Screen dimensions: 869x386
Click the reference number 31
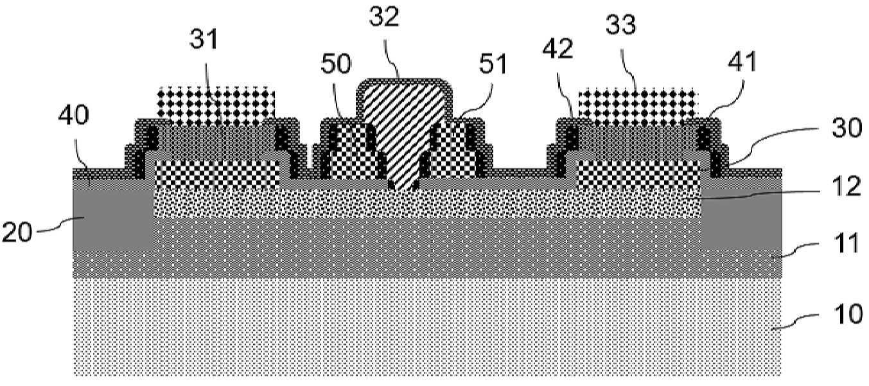[204, 40]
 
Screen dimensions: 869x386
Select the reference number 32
[384, 17]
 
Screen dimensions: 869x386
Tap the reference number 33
[621, 24]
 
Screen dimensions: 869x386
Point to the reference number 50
[336, 64]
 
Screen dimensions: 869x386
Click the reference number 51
[493, 64]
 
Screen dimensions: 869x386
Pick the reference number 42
[558, 49]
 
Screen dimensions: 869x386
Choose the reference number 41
[742, 62]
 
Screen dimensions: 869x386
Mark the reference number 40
[74, 115]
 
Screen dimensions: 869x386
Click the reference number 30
[847, 128]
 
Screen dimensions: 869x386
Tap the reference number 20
[17, 232]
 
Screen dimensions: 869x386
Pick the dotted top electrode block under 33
[638, 105]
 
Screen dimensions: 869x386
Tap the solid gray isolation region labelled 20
[113, 220]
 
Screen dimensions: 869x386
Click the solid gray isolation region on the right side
[741, 220]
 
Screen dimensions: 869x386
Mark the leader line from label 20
[60, 225]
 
